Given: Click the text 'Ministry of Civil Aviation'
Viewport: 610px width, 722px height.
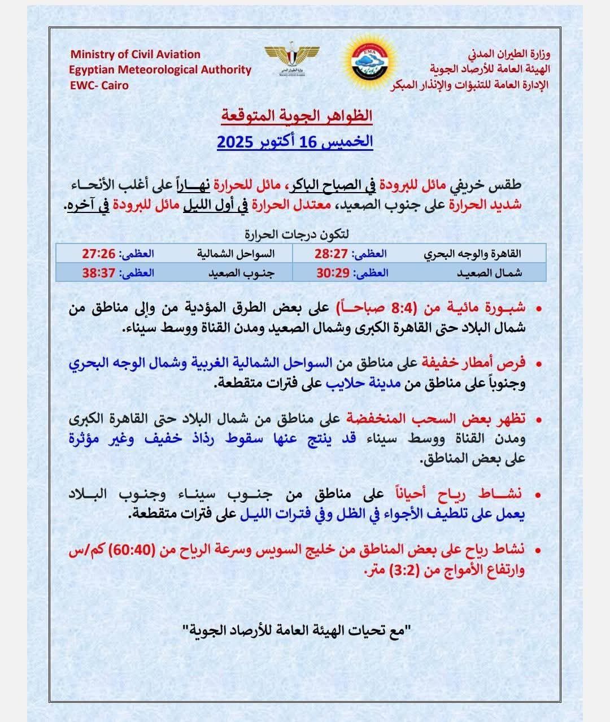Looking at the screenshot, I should click(135, 55).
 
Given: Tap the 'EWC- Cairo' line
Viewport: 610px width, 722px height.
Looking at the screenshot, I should click(99, 85).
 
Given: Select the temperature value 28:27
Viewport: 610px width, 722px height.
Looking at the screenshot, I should click(333, 254).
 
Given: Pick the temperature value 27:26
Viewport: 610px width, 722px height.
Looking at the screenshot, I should click(99, 254).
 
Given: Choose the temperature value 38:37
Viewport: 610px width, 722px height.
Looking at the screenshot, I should click(99, 273).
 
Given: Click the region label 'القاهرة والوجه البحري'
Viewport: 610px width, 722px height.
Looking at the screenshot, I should click(473, 254).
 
